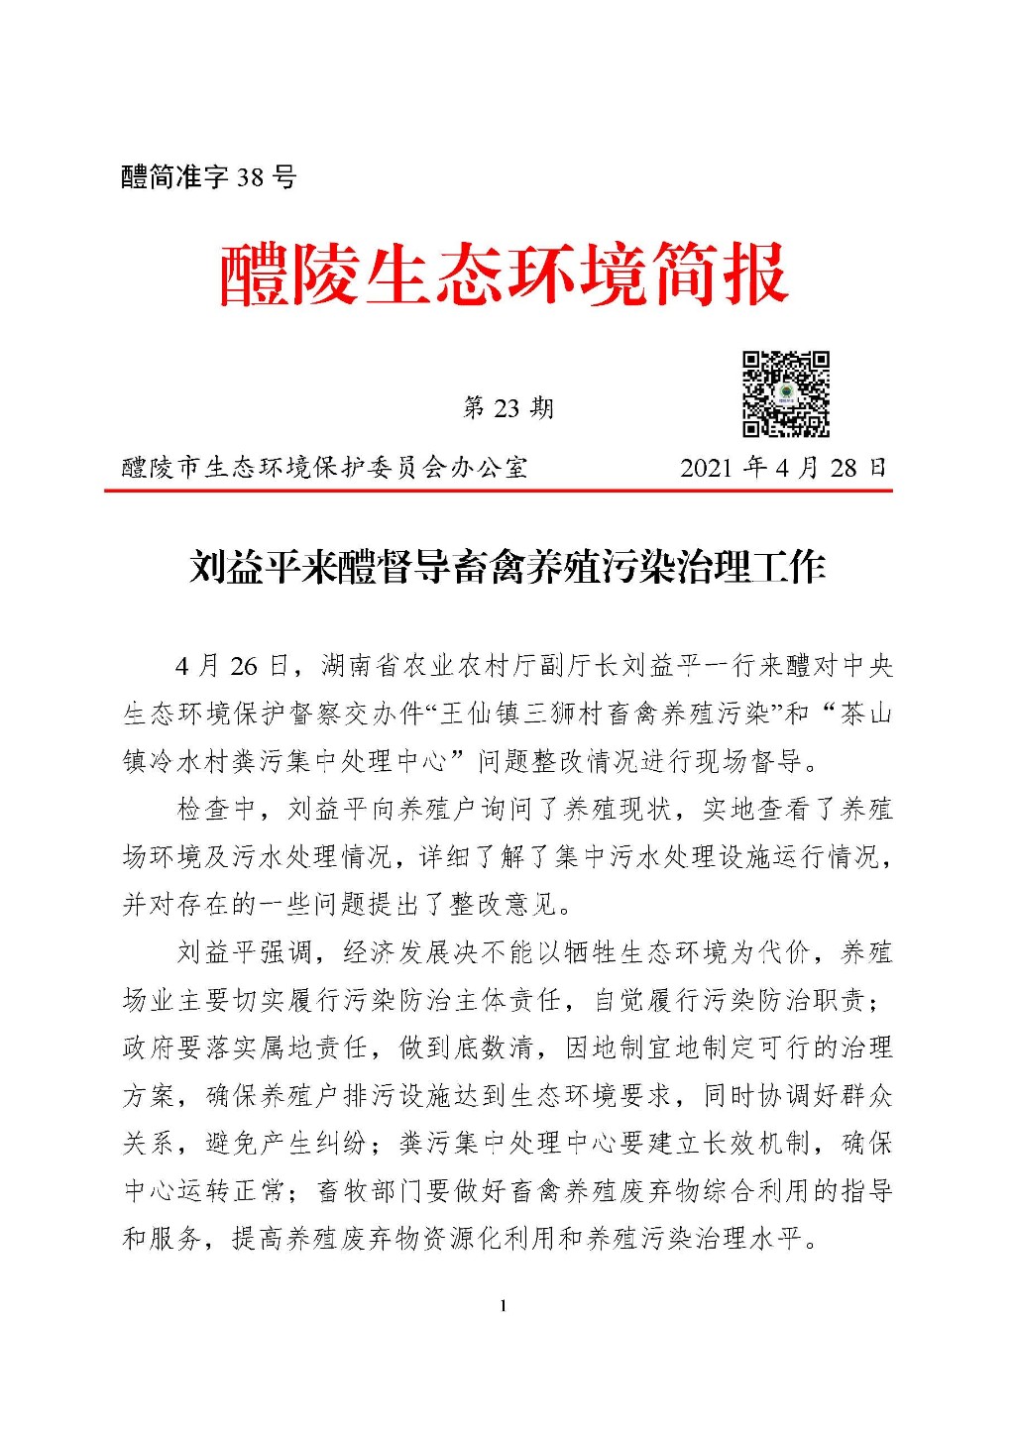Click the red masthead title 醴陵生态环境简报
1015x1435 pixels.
tap(503, 275)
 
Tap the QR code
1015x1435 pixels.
tap(786, 393)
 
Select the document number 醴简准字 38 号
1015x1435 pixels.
tap(209, 177)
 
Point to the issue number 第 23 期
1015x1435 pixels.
tap(507, 408)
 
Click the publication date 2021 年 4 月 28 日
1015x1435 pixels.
tap(783, 467)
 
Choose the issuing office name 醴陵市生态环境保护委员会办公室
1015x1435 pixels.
tap(325, 467)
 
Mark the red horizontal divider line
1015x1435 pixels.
tap(499, 490)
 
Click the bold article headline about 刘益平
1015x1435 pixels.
tap(507, 568)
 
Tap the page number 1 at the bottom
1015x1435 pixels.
tap(504, 1306)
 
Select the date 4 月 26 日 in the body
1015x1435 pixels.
tap(230, 665)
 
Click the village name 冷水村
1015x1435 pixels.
tap(203, 761)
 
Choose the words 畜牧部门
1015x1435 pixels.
tap(371, 1190)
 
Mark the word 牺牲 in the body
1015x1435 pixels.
tap(591, 952)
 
